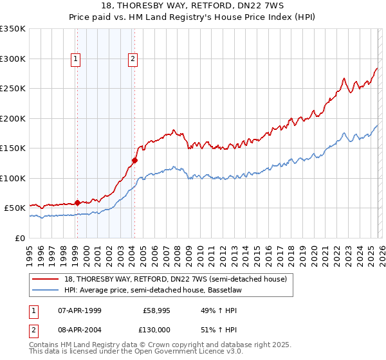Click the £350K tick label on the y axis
pyautogui.click(x=12, y=29)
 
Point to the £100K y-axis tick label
pyautogui.click(x=12, y=178)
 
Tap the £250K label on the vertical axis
pyautogui.click(x=12, y=89)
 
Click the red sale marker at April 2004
pyautogui.click(x=134, y=161)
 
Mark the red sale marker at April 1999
pyautogui.click(x=77, y=203)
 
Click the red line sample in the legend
pyautogui.click(x=46, y=278)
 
